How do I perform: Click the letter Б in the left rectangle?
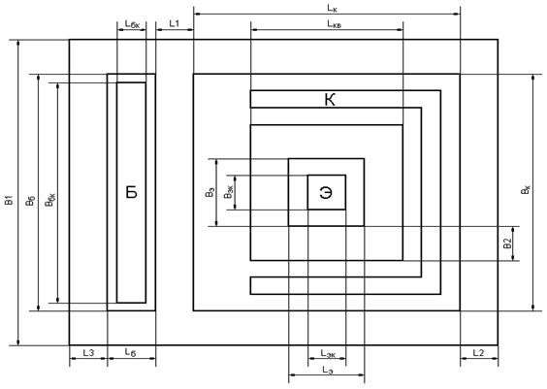point(132,192)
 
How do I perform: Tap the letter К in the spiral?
point(330,100)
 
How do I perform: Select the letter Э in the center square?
point(326,193)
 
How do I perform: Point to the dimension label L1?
point(174,23)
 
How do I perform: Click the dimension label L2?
point(478,353)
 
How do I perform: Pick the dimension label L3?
point(88,353)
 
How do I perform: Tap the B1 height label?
point(10,200)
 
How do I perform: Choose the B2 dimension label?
point(507,243)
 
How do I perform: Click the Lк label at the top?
point(332,9)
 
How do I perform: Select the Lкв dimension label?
point(335,23)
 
